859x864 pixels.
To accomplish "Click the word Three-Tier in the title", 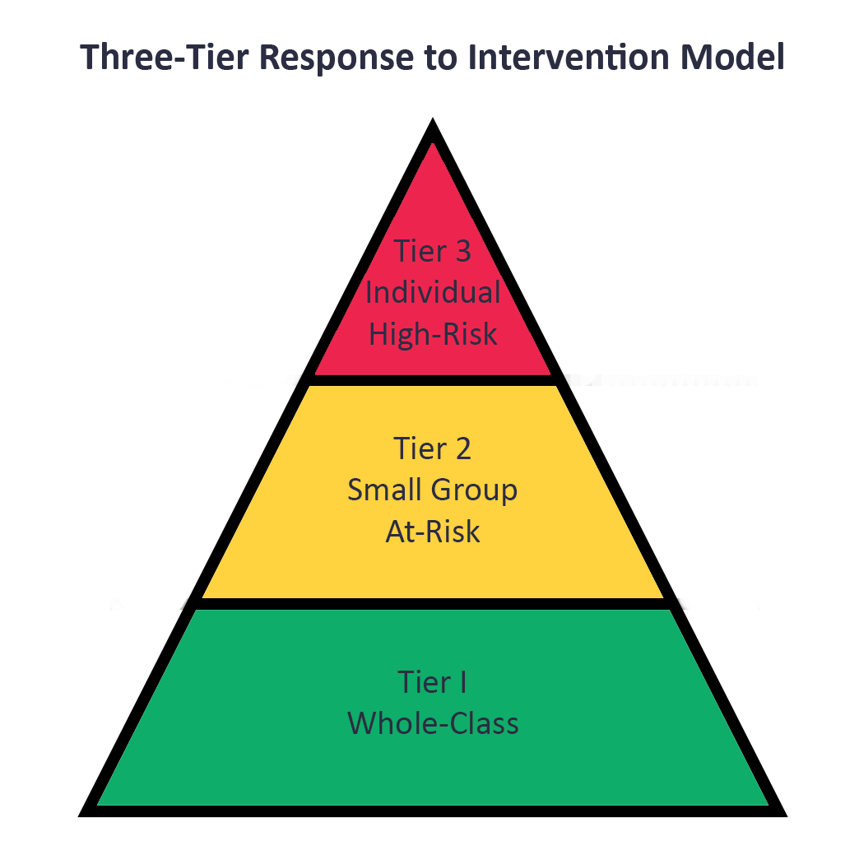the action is pyautogui.click(x=165, y=57).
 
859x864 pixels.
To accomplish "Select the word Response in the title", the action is pyautogui.click(x=336, y=58).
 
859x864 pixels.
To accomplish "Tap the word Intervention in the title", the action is pyautogui.click(x=569, y=57).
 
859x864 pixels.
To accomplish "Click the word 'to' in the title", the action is pyautogui.click(x=440, y=58).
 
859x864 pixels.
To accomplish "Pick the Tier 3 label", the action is pyautogui.click(x=433, y=251).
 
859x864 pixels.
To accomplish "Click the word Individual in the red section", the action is pyautogui.click(x=433, y=292).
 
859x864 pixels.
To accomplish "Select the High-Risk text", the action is pyautogui.click(x=433, y=334).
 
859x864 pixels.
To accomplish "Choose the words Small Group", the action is pyautogui.click(x=433, y=490).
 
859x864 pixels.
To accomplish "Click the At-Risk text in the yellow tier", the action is pyautogui.click(x=433, y=532).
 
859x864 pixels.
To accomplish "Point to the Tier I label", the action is pyautogui.click(x=433, y=682).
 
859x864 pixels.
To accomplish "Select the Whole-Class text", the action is pyautogui.click(x=433, y=723).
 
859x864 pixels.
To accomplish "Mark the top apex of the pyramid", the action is pyautogui.click(x=433, y=118).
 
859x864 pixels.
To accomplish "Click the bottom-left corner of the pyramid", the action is pyautogui.click(x=79, y=815).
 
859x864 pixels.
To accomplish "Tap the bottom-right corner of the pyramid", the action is pyautogui.click(x=787, y=815).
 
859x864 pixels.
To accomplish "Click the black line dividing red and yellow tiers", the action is pyautogui.click(x=433, y=380).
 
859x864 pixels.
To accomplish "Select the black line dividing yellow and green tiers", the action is pyautogui.click(x=433, y=604).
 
